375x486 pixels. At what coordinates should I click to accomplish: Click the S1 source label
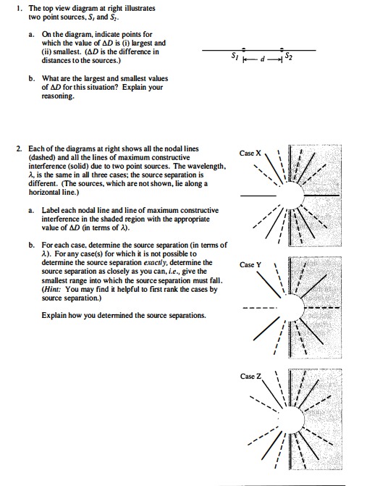coord(234,56)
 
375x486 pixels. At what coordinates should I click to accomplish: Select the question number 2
coord(18,148)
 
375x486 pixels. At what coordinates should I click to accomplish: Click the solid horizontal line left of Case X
coord(255,196)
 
